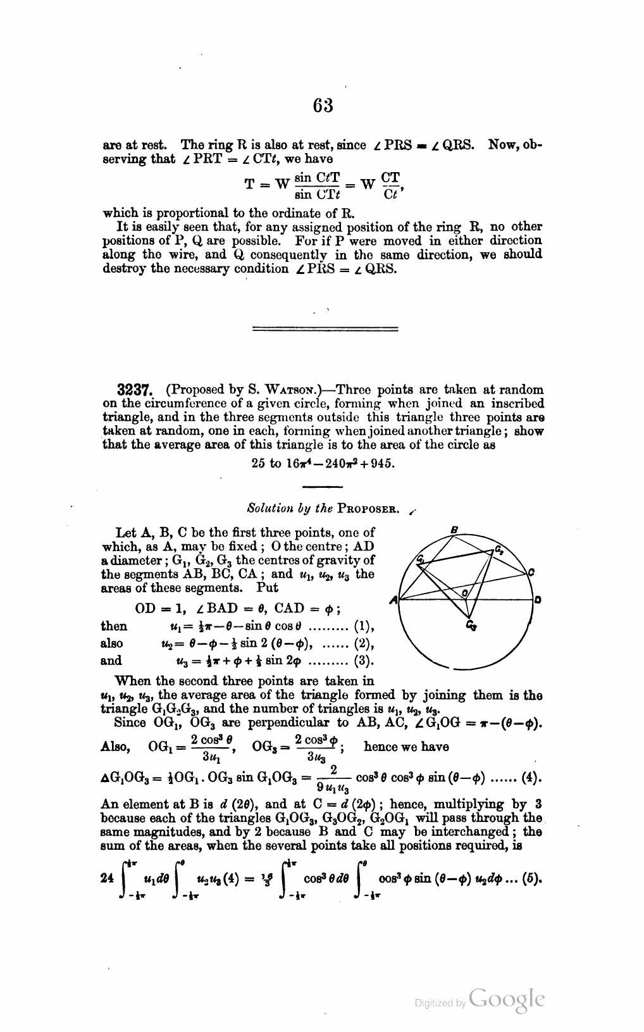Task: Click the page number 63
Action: pos(323,104)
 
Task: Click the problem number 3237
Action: pos(120,390)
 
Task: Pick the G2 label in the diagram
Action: pos(499,548)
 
